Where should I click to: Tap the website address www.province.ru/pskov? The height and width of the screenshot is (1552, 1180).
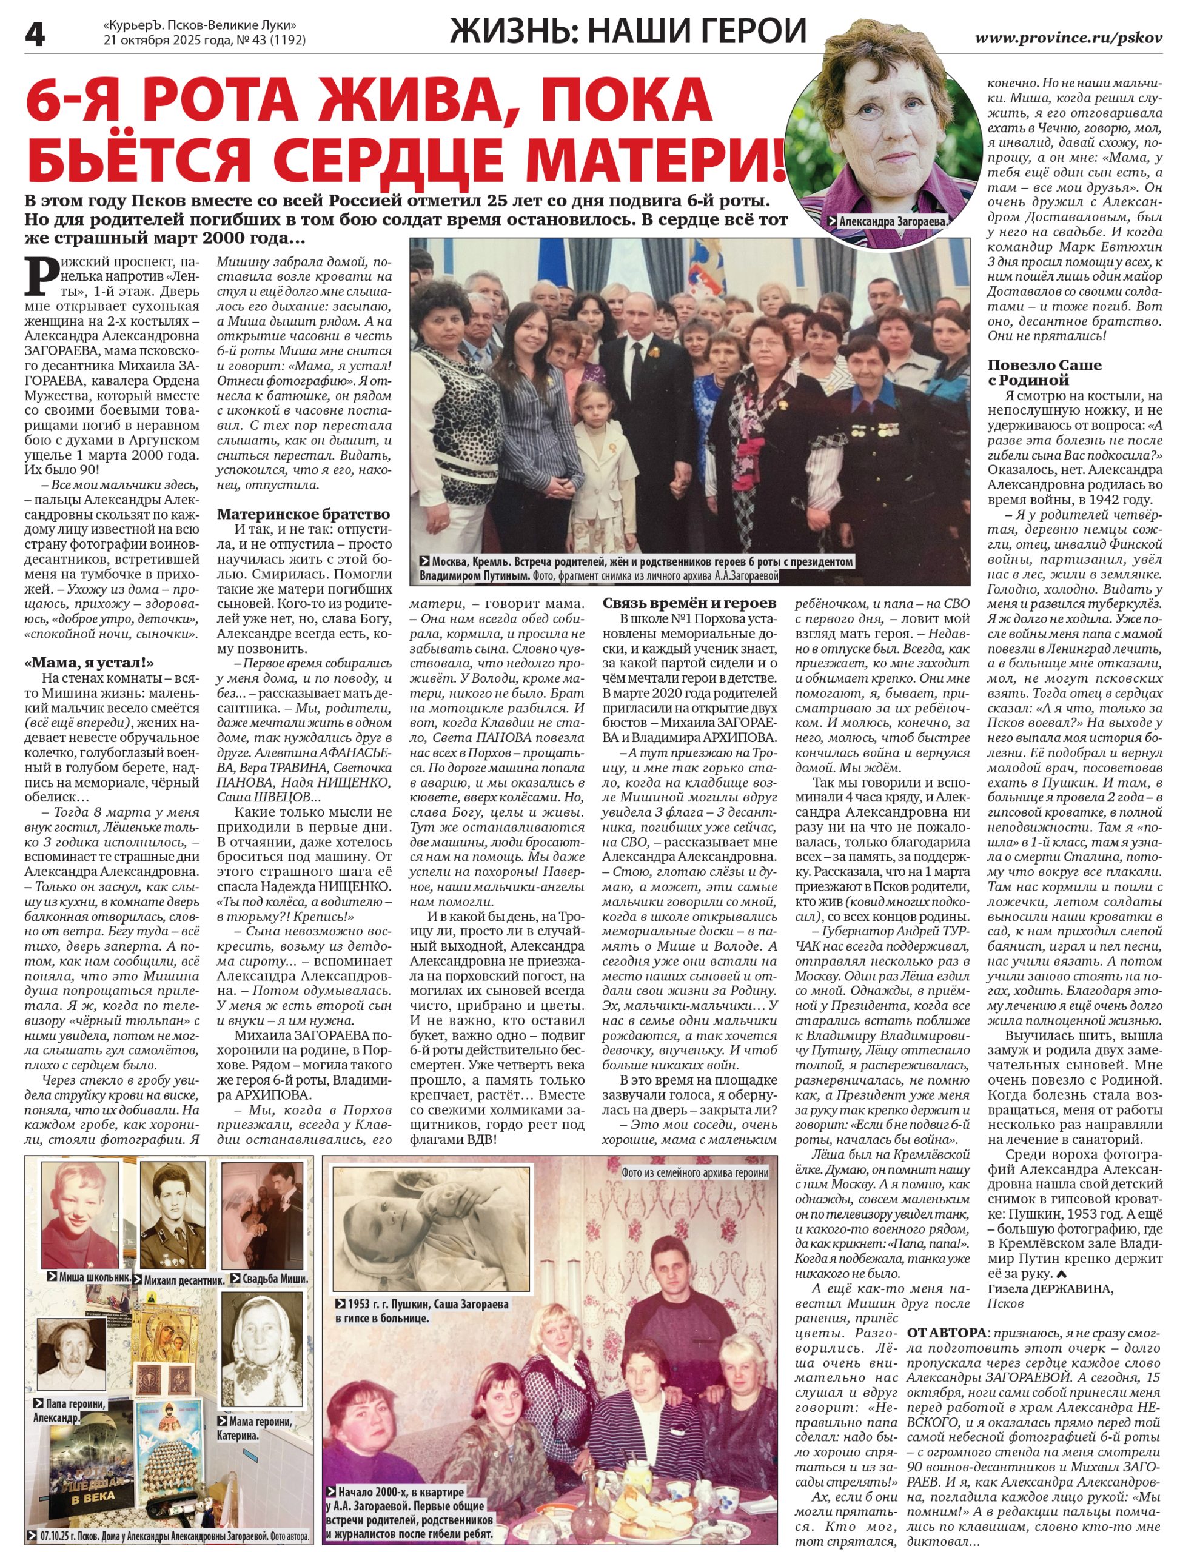(1068, 38)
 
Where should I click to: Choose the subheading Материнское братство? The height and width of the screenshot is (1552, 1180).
(303, 513)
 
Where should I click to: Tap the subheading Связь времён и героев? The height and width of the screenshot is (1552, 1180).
(689, 603)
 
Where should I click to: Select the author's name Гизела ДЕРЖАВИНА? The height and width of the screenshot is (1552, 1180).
(1050, 1288)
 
